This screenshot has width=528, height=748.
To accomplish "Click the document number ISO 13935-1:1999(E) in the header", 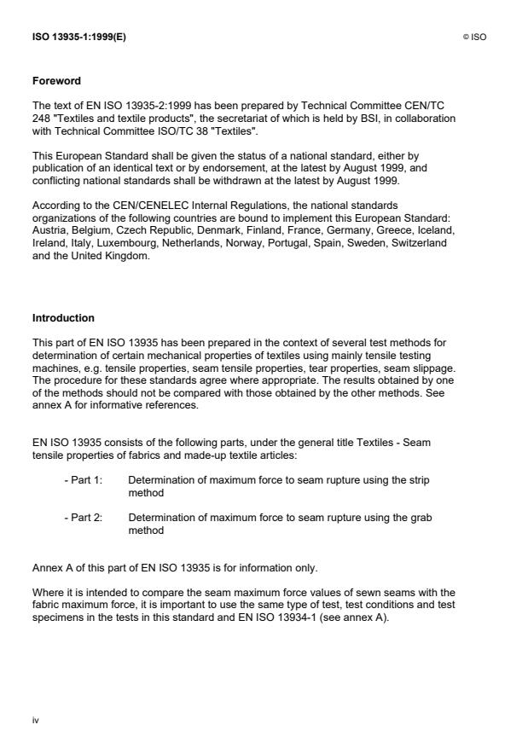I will (x=79, y=37).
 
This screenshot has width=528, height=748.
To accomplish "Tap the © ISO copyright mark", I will (x=474, y=37).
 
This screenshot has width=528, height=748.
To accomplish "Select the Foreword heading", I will (x=56, y=81).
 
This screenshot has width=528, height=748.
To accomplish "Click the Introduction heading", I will (x=63, y=318).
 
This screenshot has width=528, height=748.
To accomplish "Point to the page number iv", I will (x=36, y=721).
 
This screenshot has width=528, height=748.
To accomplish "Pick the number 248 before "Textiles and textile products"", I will (x=42, y=118).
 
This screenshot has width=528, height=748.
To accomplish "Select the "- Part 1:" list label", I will (x=83, y=480).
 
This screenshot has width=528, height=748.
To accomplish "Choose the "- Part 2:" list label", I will (x=83, y=518).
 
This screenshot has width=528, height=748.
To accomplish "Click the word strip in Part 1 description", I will (x=419, y=480).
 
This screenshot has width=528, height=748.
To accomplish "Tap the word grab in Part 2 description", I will (x=419, y=518).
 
